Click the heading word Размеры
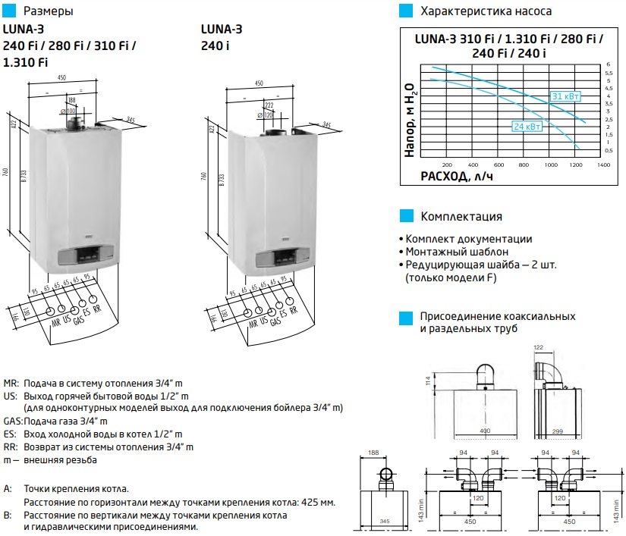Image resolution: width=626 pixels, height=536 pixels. point(49,11)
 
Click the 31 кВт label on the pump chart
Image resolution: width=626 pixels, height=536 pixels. point(566,96)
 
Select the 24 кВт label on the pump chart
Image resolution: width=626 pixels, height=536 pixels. point(528,127)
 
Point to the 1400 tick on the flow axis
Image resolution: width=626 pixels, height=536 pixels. point(603,164)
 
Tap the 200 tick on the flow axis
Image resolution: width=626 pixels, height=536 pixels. point(446,164)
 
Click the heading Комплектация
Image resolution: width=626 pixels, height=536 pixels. point(461,217)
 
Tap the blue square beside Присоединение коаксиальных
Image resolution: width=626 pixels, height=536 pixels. point(406,316)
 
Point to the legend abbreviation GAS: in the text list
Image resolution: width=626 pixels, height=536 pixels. point(13,421)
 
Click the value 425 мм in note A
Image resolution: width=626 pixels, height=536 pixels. point(313,503)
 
